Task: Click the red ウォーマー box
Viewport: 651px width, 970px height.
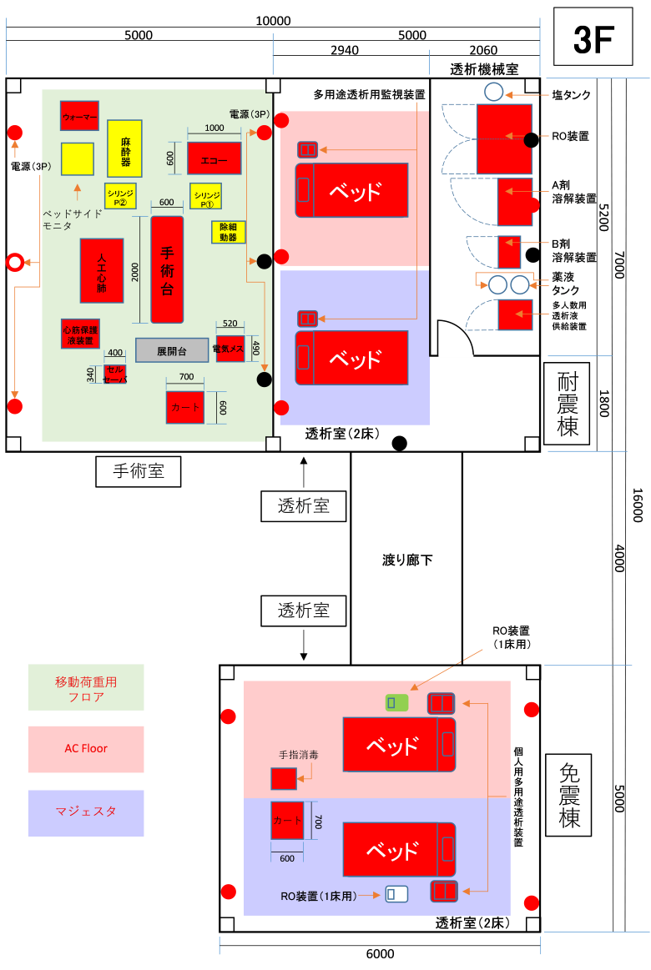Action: pos(79,115)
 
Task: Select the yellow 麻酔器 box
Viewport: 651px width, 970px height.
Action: pos(124,148)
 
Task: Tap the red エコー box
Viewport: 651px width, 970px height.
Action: pos(214,158)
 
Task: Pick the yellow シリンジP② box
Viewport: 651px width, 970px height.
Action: pos(120,196)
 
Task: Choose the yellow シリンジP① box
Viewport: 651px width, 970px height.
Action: pos(205,196)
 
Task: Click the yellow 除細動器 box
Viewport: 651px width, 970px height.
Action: pos(228,232)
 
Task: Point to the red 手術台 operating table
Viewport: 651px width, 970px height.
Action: pos(167,269)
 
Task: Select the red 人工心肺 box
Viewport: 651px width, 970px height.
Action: pos(102,270)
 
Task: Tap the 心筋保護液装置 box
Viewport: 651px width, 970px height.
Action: pos(80,334)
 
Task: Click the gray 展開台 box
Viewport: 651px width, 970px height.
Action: pos(172,350)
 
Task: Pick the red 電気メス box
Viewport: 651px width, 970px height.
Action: pos(230,349)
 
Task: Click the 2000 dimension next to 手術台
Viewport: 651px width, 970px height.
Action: pos(135,270)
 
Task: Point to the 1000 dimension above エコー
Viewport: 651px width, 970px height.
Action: pos(214,128)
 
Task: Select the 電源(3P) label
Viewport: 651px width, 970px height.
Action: pos(250,113)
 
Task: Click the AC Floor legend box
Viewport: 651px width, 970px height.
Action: pos(86,749)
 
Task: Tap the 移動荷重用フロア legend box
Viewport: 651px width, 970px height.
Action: pos(86,688)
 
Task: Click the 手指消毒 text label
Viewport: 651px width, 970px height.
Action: pos(298,755)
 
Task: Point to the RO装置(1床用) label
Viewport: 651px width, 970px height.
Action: pos(319,897)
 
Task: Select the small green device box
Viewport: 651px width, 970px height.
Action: pos(396,703)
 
